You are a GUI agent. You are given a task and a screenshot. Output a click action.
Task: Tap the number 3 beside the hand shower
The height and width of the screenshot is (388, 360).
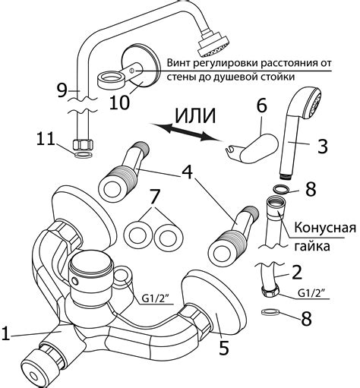322,145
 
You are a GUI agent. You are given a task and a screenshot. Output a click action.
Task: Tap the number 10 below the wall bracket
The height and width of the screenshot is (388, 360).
119,102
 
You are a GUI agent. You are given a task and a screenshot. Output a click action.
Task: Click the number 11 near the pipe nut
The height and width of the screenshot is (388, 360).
46,138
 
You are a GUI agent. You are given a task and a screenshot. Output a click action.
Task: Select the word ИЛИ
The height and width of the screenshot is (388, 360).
195,115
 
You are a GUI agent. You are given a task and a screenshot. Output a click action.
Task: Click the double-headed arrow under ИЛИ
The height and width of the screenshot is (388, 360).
185,132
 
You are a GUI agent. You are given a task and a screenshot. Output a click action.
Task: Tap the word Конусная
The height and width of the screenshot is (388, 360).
325,228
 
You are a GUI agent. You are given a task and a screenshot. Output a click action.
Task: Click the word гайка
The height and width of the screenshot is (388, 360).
312,246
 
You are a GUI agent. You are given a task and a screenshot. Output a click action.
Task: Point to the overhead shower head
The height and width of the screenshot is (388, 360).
213,46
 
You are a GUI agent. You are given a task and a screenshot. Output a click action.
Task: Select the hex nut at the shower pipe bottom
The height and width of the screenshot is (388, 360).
83,145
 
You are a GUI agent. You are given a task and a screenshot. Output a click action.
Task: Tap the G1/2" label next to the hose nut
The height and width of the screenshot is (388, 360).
311,293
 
